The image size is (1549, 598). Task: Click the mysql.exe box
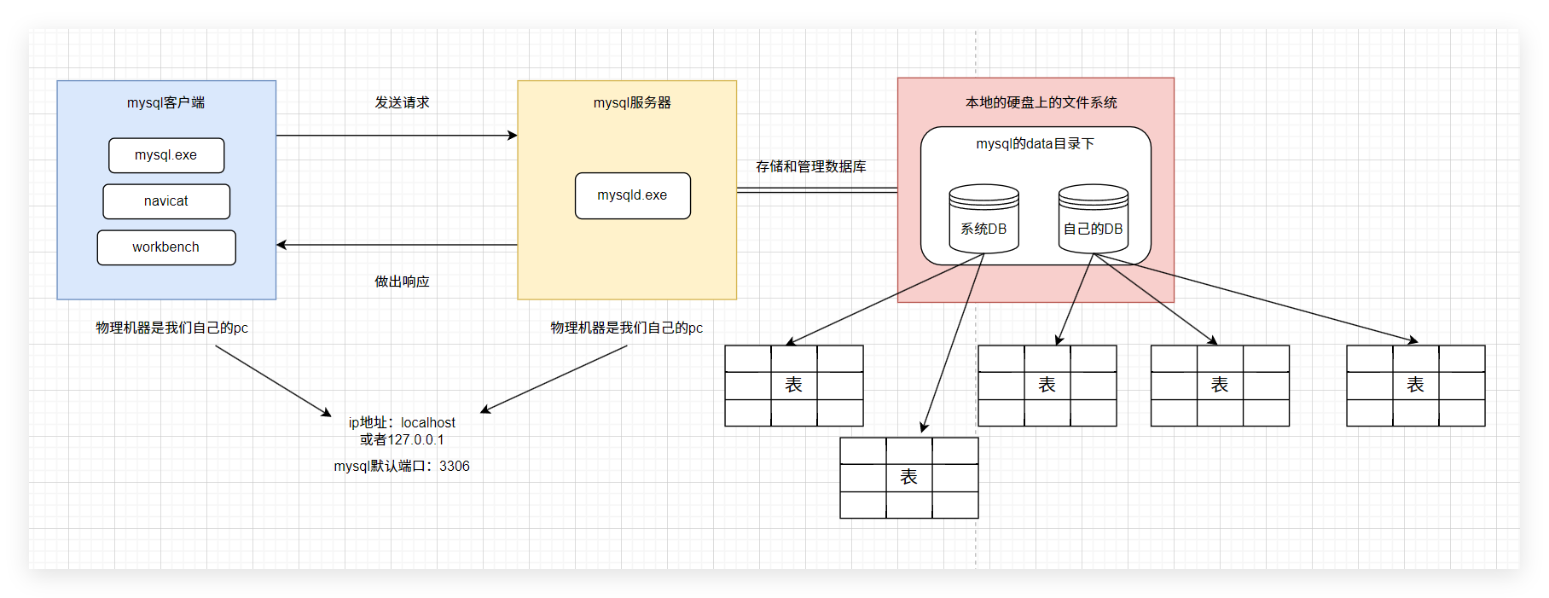(166, 155)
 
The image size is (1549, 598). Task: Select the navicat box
(166, 201)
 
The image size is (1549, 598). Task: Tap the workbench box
(166, 247)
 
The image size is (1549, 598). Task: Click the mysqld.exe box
(632, 195)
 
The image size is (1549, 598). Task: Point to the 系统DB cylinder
(983, 219)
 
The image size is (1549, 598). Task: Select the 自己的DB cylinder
(1093, 219)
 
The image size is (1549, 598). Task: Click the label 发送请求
(402, 102)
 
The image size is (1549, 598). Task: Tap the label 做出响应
(402, 282)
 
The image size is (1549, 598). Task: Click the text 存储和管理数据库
(810, 166)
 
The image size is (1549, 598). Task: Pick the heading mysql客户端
(166, 102)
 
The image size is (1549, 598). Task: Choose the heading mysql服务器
(632, 102)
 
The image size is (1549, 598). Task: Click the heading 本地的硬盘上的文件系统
(1041, 102)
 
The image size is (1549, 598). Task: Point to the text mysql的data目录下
(1035, 144)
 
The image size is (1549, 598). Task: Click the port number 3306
(455, 466)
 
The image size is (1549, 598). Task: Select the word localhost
(428, 422)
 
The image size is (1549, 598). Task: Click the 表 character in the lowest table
(908, 477)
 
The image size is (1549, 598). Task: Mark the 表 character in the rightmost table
(1415, 385)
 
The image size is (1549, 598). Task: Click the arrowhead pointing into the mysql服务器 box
(513, 135)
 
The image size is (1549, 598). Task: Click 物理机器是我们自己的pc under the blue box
(171, 328)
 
